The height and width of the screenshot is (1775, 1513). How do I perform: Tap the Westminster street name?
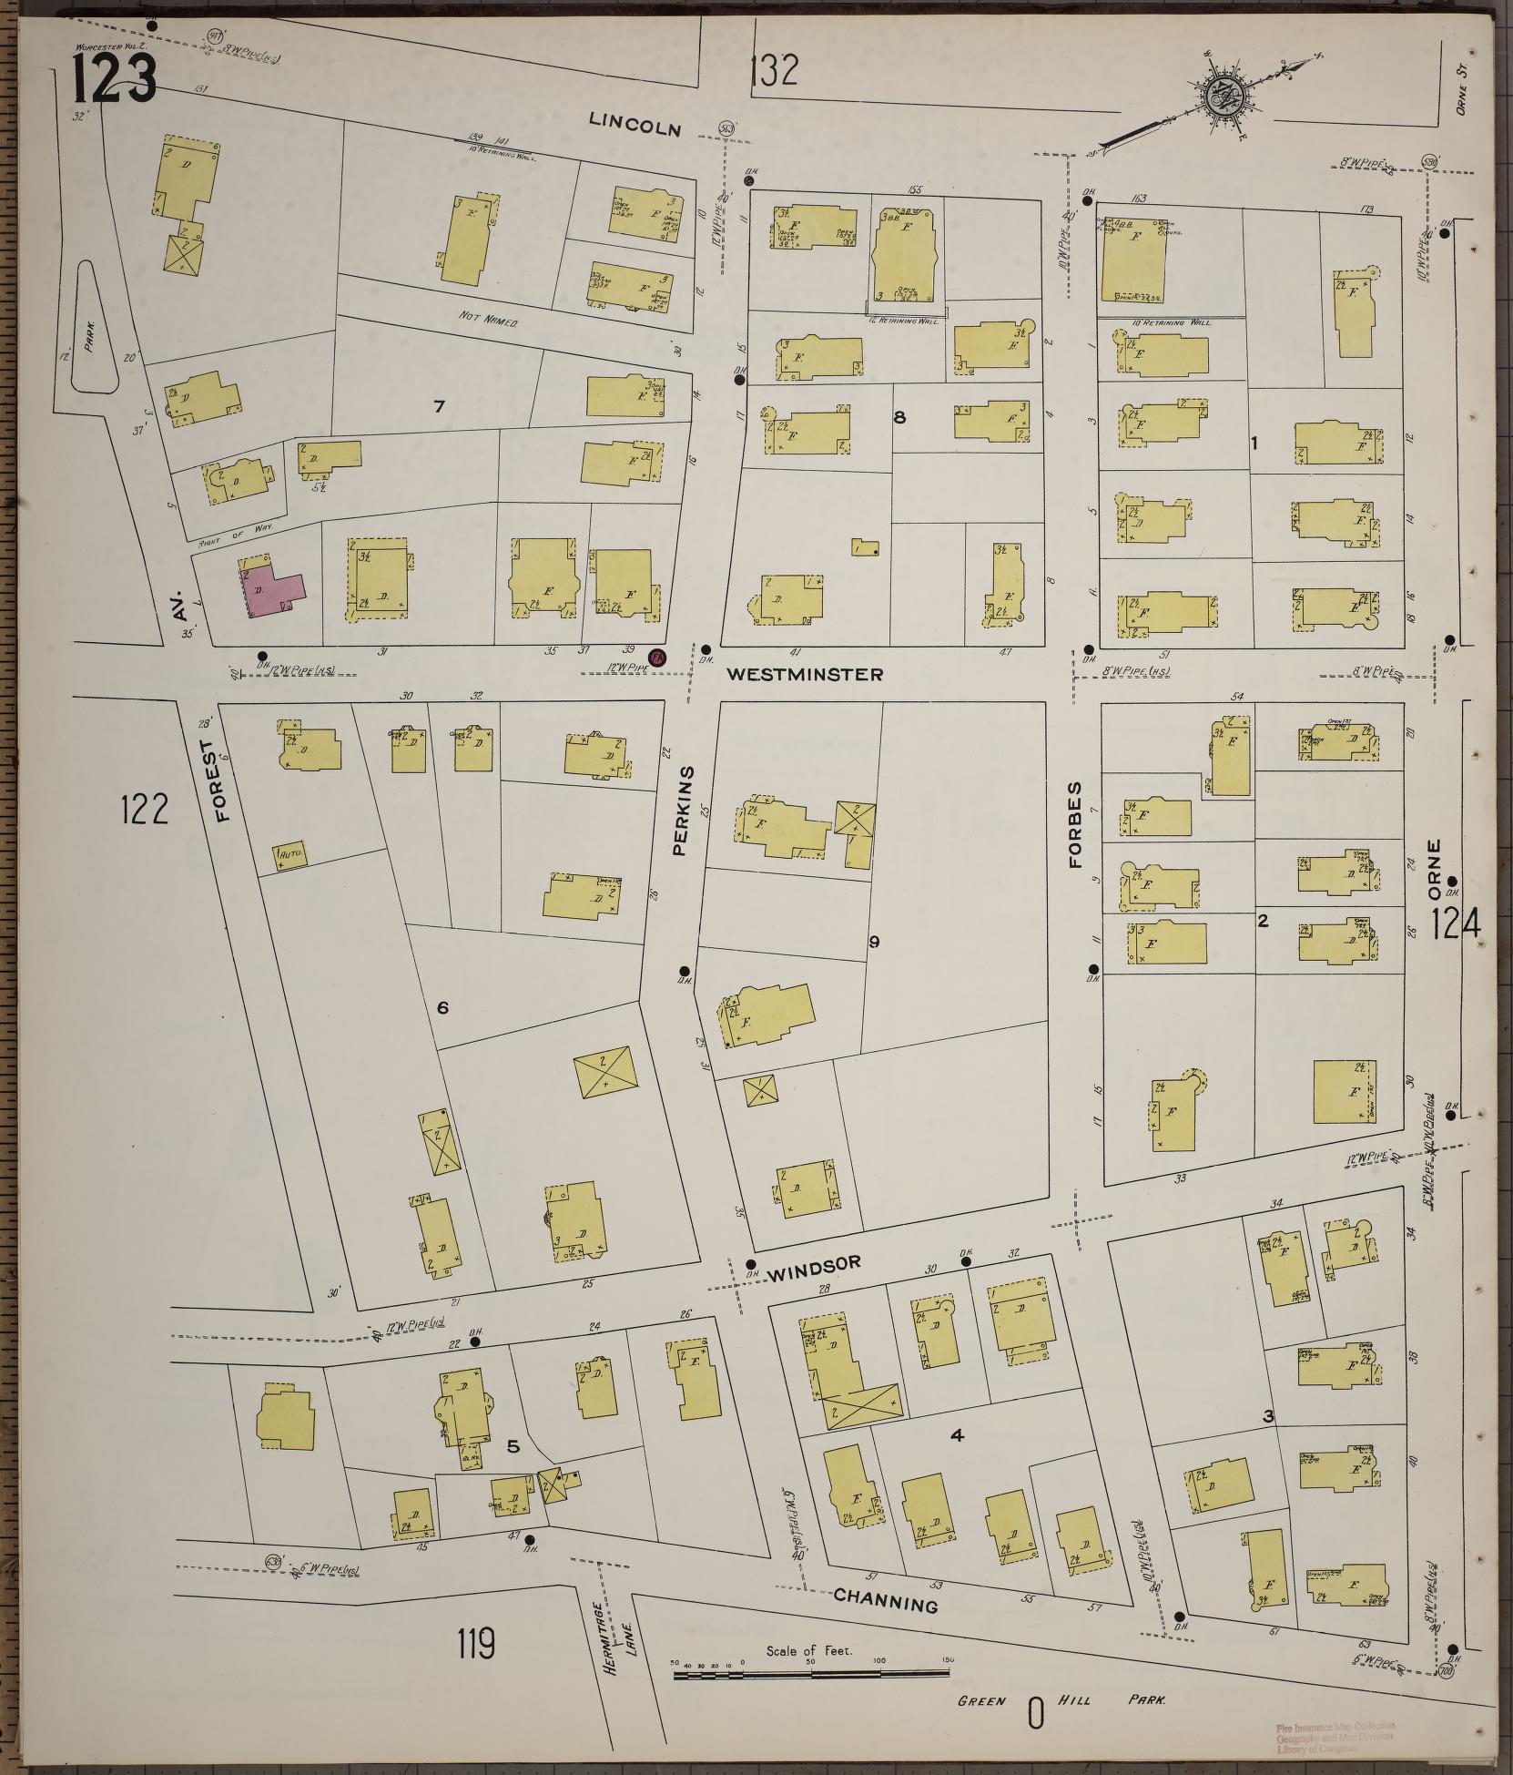point(805,675)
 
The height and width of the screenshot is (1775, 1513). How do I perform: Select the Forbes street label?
point(1075,824)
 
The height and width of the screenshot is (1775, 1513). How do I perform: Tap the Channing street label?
point(886,1600)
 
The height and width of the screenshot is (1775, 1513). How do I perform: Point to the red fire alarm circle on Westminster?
point(655,656)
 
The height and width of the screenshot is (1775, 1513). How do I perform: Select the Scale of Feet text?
point(808,1650)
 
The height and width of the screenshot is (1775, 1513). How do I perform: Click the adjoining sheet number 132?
point(776,69)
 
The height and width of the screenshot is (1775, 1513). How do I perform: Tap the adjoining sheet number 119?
point(476,1646)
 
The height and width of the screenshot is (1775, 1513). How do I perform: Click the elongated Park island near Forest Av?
point(93,328)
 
